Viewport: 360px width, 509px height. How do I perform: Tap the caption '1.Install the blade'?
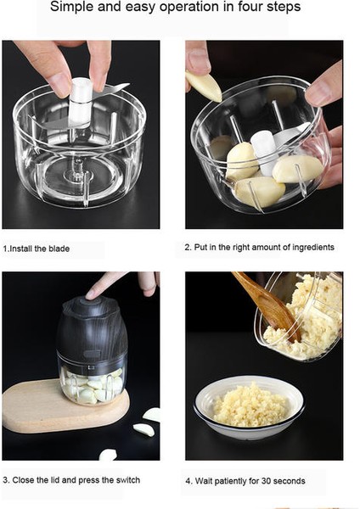37,249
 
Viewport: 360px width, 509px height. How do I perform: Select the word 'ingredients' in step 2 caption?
313,248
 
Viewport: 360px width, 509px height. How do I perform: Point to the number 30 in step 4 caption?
266,481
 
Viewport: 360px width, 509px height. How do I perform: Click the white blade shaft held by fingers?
81,102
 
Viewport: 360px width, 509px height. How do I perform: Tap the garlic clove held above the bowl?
204,86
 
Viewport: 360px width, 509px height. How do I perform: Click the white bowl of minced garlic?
249,407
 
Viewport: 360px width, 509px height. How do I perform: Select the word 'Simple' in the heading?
72,7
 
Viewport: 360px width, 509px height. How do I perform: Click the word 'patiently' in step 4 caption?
231,481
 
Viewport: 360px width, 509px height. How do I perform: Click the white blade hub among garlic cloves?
264,151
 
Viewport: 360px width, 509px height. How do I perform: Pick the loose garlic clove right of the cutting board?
144,429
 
